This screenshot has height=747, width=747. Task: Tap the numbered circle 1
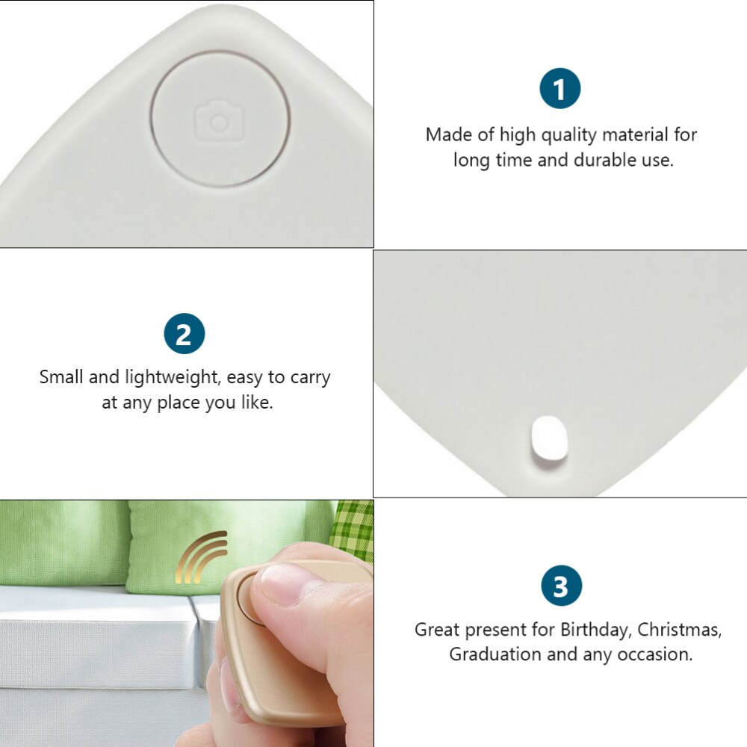pos(560,89)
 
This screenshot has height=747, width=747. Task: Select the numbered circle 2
pos(184,334)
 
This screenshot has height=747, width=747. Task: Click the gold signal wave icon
pos(200,557)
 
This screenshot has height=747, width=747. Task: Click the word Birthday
pos(595,630)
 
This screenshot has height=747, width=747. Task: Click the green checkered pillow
pos(353,527)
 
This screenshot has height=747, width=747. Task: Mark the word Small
pos(61,377)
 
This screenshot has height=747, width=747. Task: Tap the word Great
pos(437,630)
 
